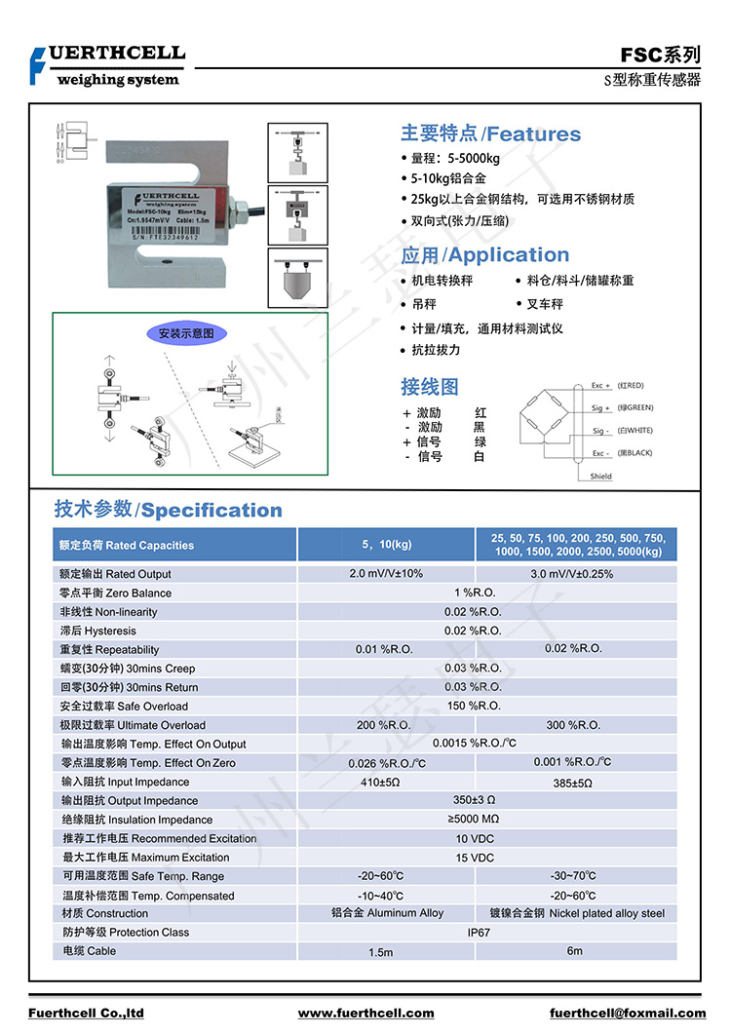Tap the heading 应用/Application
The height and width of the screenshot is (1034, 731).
point(484,255)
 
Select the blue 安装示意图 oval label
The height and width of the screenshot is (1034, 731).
point(192,334)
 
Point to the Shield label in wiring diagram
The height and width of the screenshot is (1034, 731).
point(601,477)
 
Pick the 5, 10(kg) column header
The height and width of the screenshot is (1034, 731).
point(386,545)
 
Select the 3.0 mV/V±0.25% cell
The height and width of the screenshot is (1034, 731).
point(572,574)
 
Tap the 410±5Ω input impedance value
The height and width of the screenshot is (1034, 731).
point(380,783)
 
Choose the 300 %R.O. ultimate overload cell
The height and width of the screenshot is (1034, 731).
point(573,725)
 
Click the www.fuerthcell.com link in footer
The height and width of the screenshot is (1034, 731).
point(365,1014)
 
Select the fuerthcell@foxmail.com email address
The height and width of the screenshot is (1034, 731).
point(628,1014)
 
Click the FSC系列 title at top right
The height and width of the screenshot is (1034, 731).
point(660,56)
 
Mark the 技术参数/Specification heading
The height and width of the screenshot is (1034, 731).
point(168,510)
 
